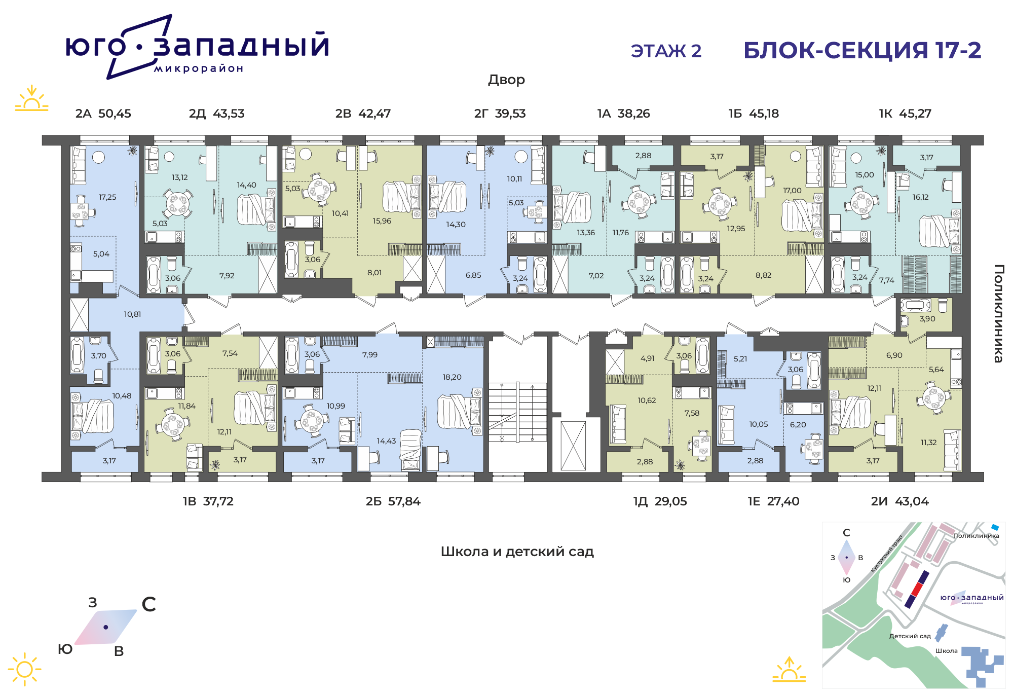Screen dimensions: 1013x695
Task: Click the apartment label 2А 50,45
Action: [x=103, y=114]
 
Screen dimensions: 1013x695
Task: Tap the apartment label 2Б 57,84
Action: [x=393, y=501]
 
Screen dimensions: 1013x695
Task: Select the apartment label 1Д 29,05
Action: [x=660, y=501]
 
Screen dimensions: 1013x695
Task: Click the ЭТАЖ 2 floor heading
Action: [x=666, y=51]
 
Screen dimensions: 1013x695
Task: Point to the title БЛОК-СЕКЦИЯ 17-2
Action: [x=862, y=50]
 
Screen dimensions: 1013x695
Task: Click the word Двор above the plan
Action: [x=506, y=80]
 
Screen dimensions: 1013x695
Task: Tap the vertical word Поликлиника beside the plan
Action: [x=998, y=313]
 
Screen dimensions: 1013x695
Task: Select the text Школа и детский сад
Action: [x=517, y=552]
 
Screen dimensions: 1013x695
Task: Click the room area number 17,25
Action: [x=107, y=197]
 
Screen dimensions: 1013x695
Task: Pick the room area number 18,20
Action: [x=452, y=377]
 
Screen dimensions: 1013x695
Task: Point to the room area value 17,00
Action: [x=793, y=191]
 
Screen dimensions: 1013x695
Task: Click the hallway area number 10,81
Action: [x=132, y=314]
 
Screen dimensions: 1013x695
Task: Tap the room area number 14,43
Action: [x=386, y=441]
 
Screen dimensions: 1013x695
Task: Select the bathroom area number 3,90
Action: [x=927, y=319]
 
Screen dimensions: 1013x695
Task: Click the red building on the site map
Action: [x=917, y=589]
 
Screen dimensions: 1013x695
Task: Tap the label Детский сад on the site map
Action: [x=910, y=636]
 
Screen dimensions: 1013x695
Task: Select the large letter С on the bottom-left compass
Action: [x=149, y=604]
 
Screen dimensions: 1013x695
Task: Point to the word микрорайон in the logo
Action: [x=199, y=69]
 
